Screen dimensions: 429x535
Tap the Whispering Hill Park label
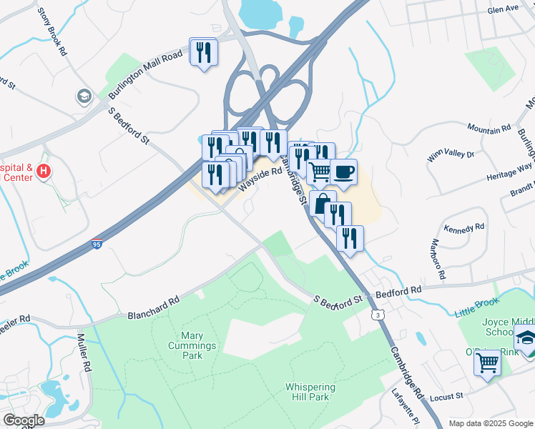(310, 393)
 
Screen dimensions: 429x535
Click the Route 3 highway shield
(377, 314)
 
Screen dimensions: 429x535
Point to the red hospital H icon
(44, 171)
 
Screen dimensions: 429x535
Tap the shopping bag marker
(323, 203)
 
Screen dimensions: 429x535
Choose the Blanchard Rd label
(154, 309)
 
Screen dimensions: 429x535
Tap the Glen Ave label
(502, 9)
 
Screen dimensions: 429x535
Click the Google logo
(23, 420)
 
